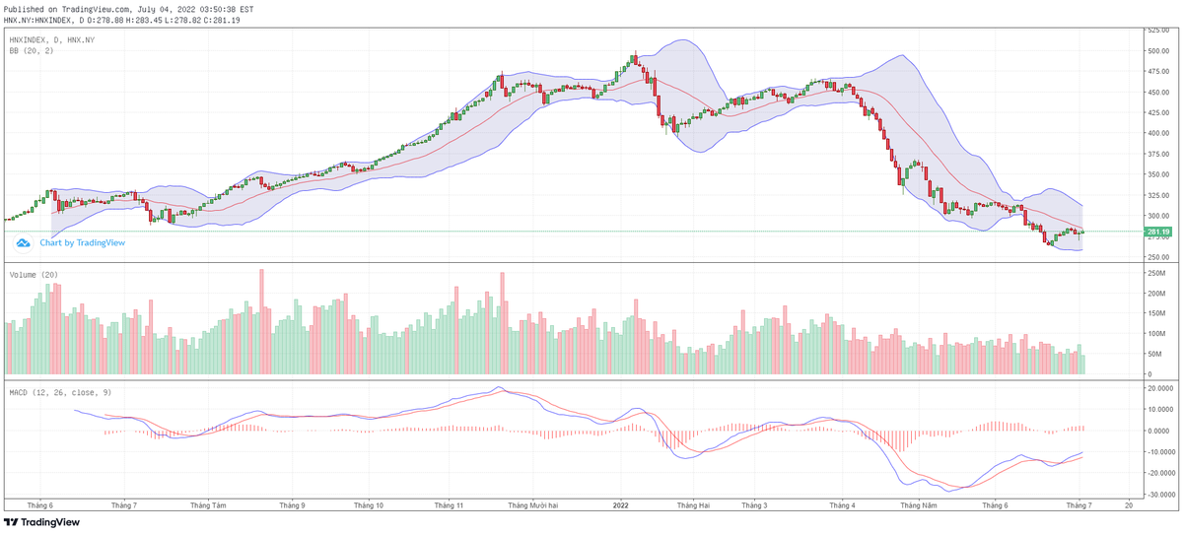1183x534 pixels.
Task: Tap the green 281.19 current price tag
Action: (x=1157, y=233)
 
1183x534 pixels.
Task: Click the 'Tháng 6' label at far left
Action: (x=40, y=505)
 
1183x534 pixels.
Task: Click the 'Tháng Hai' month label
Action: (x=693, y=505)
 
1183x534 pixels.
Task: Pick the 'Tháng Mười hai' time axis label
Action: (x=532, y=505)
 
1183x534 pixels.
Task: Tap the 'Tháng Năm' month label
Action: (x=918, y=505)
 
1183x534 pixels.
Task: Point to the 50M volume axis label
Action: (x=1154, y=354)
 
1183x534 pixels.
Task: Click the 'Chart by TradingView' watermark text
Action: (x=82, y=242)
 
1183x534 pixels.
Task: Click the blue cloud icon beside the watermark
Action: (x=24, y=242)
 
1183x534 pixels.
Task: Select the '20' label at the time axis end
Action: (x=1128, y=505)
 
